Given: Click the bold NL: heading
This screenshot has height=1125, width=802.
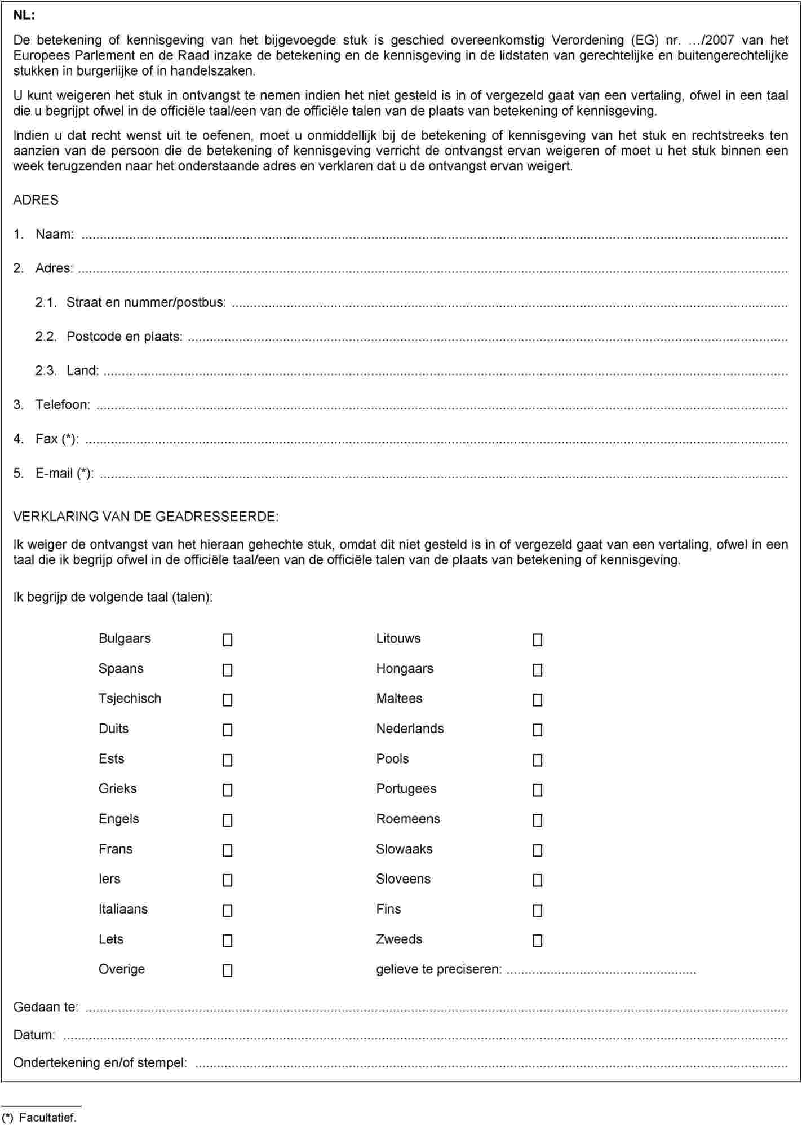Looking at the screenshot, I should [24, 16].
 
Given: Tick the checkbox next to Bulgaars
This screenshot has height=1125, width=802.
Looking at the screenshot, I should [228, 640].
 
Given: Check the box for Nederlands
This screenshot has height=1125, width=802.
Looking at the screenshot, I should [538, 730].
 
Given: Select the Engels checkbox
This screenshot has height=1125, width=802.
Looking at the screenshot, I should [228, 820].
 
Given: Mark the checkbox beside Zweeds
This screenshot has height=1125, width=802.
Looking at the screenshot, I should [538, 941].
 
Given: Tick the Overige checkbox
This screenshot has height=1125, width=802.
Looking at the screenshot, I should [228, 970].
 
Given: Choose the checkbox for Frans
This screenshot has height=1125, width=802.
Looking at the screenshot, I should [228, 850].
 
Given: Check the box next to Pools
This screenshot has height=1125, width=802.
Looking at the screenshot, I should [538, 760].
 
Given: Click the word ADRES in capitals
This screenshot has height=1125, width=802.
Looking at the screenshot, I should [36, 200].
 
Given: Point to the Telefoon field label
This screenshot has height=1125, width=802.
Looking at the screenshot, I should [63, 405].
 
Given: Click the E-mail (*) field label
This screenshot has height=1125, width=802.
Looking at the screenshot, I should [64, 473].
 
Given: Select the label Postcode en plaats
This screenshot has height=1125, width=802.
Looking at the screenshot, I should [124, 337].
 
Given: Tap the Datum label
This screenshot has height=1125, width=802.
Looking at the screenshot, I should [34, 1035].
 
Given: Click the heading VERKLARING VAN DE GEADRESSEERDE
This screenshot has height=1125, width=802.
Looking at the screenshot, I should [145, 517].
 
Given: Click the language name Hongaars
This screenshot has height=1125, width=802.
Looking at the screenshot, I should [405, 669].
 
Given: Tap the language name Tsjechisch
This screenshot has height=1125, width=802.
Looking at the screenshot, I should [130, 699].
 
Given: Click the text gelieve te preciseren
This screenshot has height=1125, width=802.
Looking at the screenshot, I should [438, 969].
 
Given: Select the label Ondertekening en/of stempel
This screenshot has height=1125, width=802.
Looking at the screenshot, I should [100, 1062].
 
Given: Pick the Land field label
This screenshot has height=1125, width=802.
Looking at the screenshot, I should [82, 370].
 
